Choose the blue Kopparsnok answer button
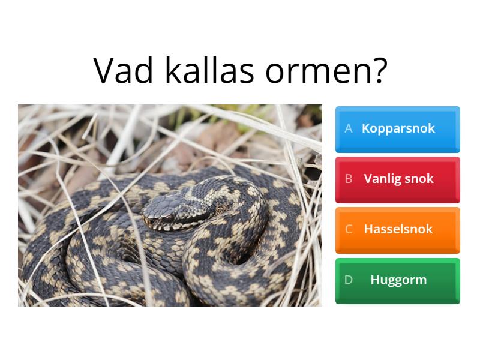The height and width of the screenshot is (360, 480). [398, 129]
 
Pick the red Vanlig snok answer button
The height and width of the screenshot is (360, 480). [398, 179]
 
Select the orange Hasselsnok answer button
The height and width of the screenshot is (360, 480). [398, 230]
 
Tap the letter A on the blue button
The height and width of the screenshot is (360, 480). [349, 128]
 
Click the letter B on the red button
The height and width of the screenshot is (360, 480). [349, 179]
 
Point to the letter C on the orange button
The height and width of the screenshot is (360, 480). [349, 229]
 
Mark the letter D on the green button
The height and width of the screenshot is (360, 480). [349, 280]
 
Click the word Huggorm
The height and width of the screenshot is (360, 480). [398, 280]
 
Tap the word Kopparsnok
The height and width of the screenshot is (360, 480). [398, 128]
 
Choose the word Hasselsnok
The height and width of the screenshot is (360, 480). [398, 229]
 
